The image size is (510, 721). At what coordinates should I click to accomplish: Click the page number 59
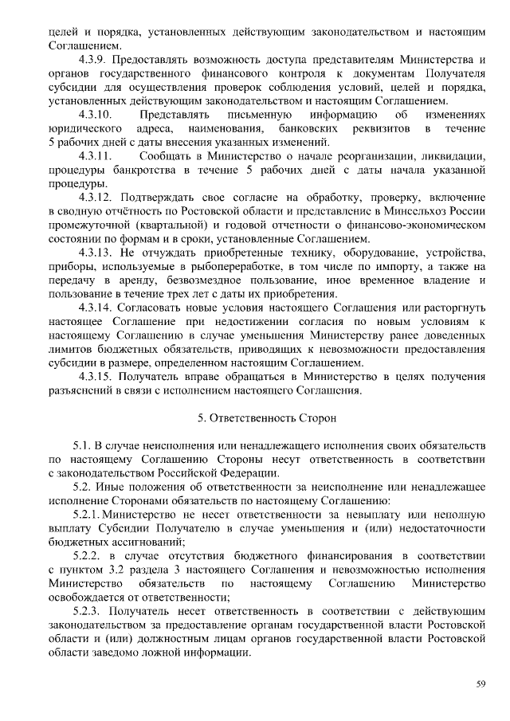pos(481,683)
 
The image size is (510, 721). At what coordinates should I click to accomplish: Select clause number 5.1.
pos(83,445)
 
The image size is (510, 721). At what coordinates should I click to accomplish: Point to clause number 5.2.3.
pos(88,610)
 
